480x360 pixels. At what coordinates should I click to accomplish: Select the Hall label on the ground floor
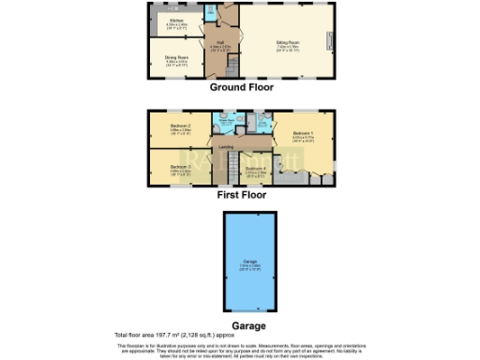coord(220,42)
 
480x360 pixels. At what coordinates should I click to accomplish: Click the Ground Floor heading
coord(240,87)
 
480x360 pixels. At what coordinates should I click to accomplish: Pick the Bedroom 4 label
coord(256,170)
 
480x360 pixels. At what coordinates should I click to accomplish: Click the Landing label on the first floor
coord(226,148)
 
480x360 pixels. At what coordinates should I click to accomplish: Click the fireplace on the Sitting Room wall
coord(328,42)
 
